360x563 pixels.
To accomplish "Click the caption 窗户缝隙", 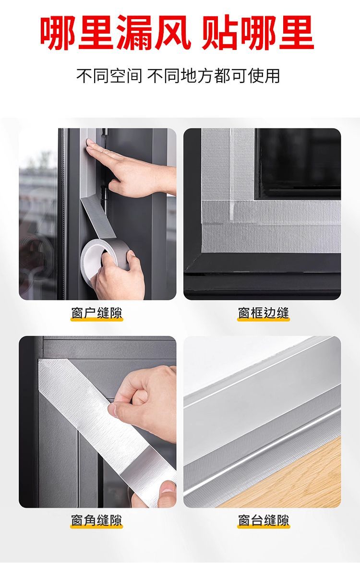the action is pos(96,313).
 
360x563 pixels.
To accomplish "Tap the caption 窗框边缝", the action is pos(264,313).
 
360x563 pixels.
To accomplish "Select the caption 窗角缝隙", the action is pos(96,520).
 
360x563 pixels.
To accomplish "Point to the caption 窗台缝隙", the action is pos(264,520).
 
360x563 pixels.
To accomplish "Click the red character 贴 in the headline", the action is pos(219,32).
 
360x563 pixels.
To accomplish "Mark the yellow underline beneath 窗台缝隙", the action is pos(264,527).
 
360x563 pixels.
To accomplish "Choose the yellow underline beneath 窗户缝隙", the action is pos(96,319).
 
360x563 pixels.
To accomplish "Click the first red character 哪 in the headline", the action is pos(58,32).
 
